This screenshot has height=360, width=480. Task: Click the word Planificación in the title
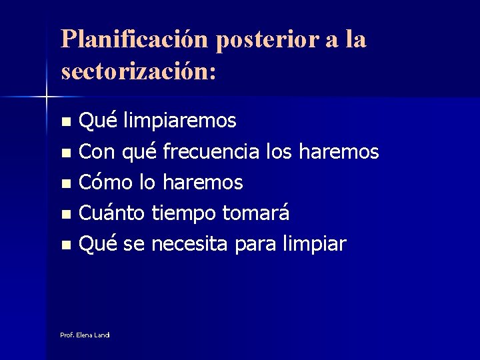tap(133, 39)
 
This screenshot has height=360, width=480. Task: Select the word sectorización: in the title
tap(138, 70)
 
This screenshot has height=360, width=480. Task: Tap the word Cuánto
tap(112, 213)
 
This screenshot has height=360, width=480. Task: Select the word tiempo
tap(183, 214)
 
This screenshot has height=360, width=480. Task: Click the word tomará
tap(255, 213)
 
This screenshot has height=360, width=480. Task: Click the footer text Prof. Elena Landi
tap(85, 335)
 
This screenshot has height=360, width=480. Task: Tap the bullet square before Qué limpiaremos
tap(65, 123)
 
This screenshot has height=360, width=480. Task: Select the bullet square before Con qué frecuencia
tap(65, 153)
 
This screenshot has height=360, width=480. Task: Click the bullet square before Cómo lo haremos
tap(65, 184)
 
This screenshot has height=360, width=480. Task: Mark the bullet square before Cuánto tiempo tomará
tap(65, 215)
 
